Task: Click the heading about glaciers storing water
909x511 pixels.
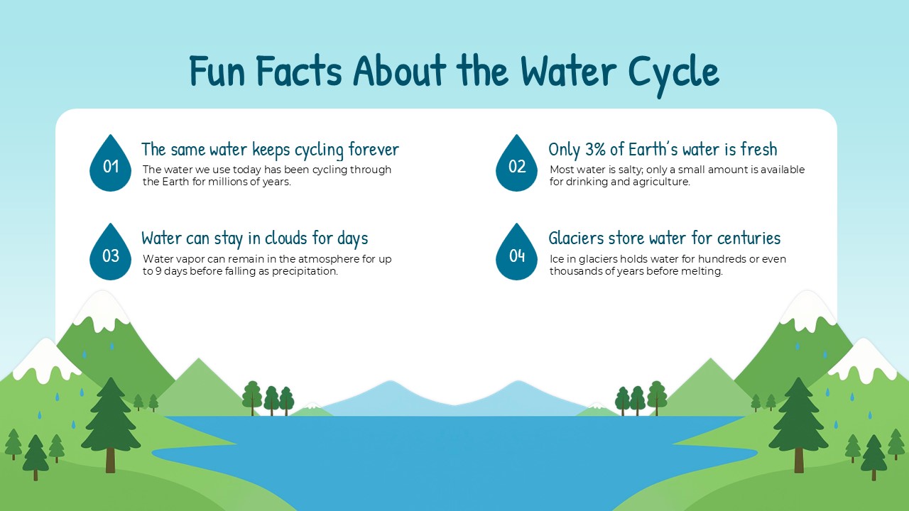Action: pyautogui.click(x=664, y=238)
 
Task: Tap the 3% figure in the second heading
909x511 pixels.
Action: pyautogui.click(x=595, y=149)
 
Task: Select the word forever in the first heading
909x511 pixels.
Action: pyautogui.click(x=374, y=149)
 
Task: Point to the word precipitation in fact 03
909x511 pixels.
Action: pyautogui.click(x=306, y=271)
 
